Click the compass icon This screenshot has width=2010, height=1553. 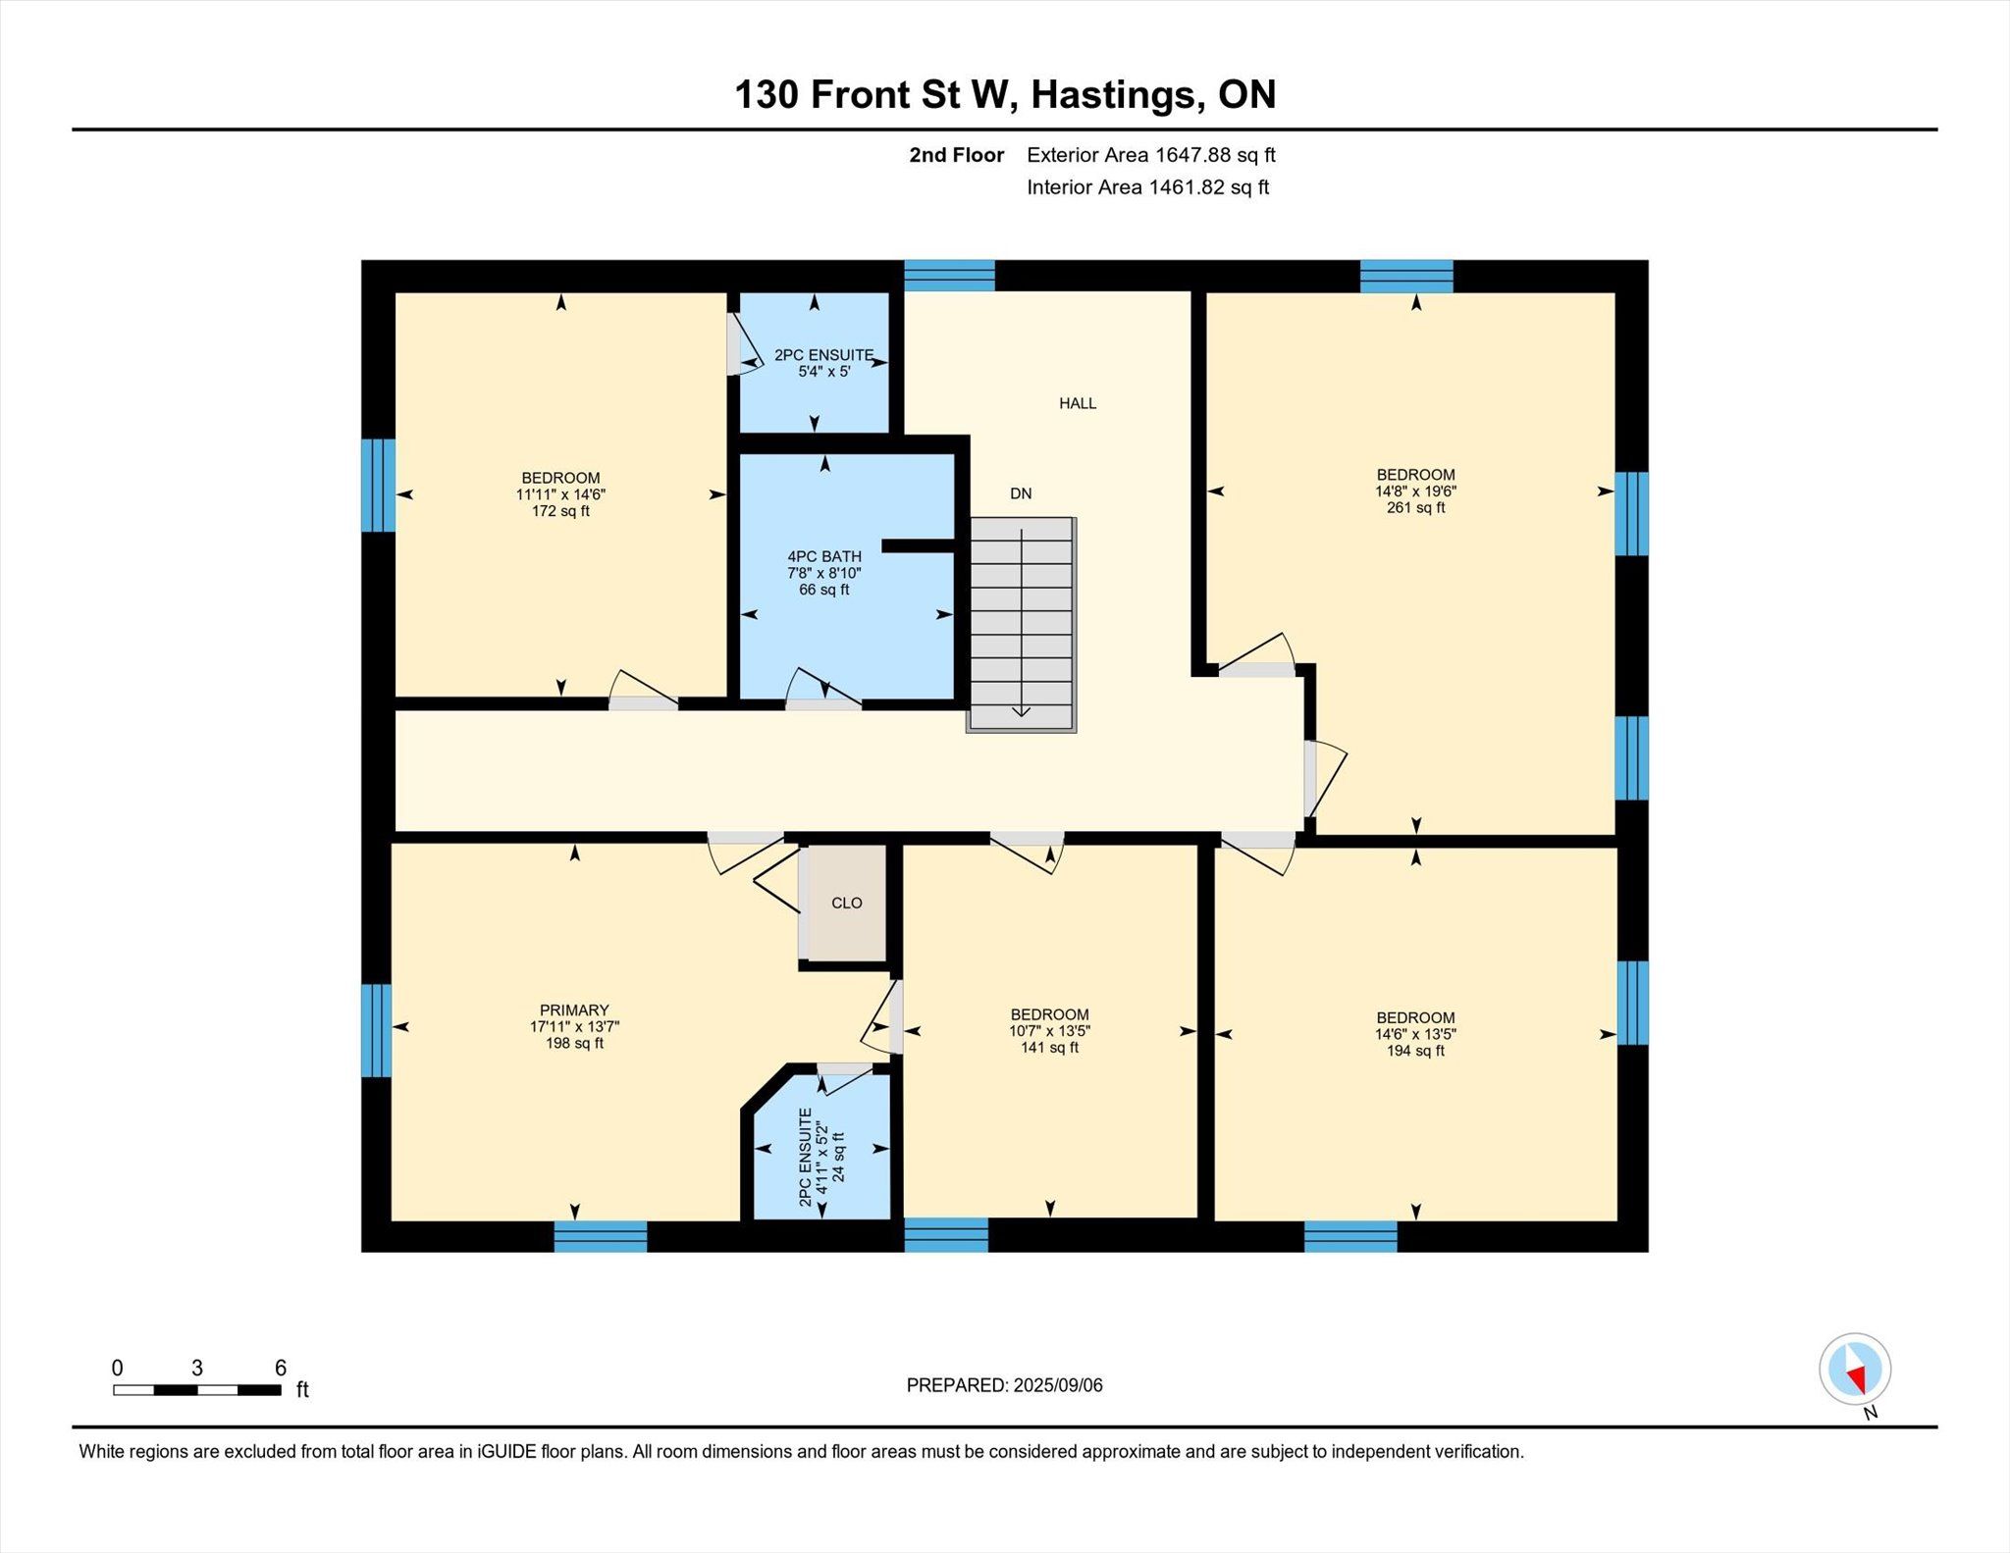(x=1855, y=1370)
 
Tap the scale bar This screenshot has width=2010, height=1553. (x=197, y=1389)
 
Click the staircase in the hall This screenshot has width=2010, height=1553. (x=1022, y=624)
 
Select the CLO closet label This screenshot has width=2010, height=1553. (x=847, y=903)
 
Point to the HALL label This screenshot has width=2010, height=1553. (x=1078, y=403)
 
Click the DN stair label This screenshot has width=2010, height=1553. (x=1021, y=493)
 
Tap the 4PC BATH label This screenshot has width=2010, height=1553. (x=824, y=556)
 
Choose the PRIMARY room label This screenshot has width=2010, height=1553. (x=574, y=1010)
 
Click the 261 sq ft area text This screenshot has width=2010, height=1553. (x=1415, y=508)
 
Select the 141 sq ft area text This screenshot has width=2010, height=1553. (x=1049, y=1048)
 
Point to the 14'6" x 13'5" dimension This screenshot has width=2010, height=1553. (x=1415, y=1034)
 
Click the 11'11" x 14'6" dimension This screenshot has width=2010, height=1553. (x=560, y=495)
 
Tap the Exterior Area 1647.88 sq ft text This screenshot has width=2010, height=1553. (x=1151, y=155)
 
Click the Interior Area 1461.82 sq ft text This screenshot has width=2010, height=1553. (x=1148, y=187)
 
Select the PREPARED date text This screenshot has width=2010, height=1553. (x=1005, y=1385)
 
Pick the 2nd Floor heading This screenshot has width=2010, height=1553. (x=957, y=155)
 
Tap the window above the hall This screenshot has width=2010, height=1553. (x=949, y=276)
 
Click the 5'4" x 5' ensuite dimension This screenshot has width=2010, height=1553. (x=824, y=372)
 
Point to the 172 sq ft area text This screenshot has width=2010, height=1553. (x=560, y=511)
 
